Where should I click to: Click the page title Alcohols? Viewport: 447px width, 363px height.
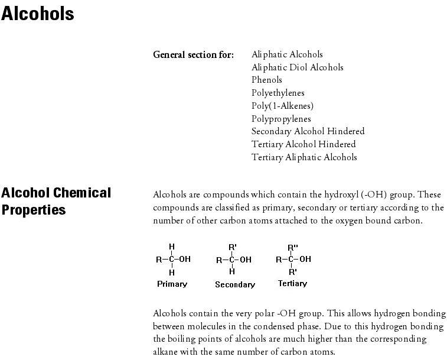pos(38,14)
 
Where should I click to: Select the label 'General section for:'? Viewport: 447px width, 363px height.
pos(194,55)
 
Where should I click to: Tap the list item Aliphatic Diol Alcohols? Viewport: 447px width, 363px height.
pos(297,67)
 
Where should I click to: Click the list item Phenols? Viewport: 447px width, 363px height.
pos(267,80)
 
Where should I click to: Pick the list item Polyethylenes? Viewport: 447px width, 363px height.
pos(278,93)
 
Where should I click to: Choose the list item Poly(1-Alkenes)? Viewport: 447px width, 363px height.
pos(282,106)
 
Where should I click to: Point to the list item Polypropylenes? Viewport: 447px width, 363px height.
pos(281,119)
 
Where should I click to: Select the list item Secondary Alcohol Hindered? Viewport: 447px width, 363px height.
pos(308,131)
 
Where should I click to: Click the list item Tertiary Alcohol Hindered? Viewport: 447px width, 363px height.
pos(304,144)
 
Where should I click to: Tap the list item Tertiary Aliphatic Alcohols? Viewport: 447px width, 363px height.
pos(304,157)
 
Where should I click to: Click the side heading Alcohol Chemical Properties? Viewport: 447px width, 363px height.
pos(56,201)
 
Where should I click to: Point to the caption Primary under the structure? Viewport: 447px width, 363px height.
pos(172,284)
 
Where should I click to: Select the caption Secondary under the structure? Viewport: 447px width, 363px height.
pos(235,284)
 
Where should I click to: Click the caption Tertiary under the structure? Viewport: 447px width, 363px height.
pos(292,284)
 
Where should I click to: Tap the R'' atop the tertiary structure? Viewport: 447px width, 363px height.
pos(292,248)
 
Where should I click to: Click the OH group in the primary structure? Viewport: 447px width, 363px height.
pos(185,259)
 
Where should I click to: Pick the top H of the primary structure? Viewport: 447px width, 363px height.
pos(172,247)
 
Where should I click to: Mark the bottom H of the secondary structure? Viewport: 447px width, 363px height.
pos(232,272)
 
